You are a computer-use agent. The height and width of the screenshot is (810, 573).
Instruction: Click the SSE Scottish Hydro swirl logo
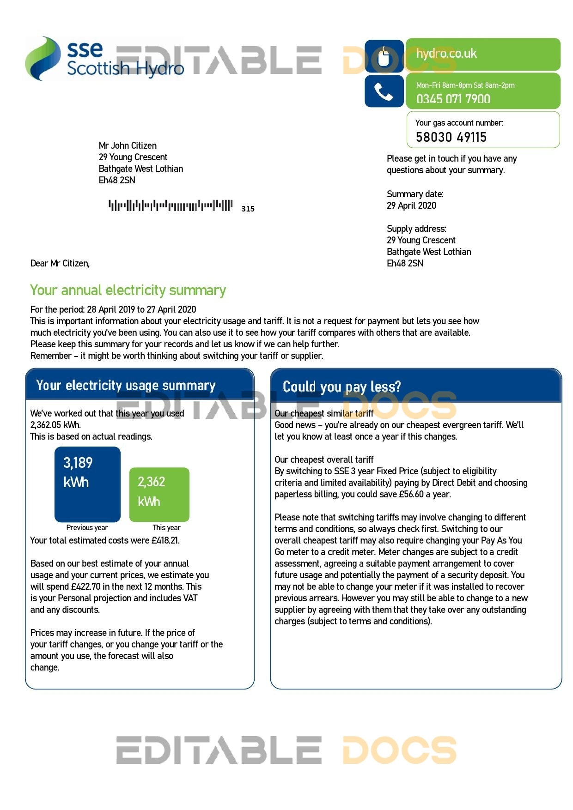pos(43,59)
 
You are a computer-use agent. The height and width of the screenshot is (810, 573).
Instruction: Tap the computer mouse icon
pos(384,56)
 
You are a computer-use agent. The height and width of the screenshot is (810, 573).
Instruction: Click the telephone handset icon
pos(384,91)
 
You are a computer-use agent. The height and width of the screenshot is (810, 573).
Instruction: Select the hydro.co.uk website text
pos(446,54)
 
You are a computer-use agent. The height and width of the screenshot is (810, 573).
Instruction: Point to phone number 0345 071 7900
pos(453,99)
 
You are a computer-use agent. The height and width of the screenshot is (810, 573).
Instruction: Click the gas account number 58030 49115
pos(451,137)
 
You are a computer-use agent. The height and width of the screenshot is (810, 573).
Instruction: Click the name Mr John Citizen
pos(128,146)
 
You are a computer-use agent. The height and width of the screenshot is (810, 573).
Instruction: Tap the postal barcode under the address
pos(170,206)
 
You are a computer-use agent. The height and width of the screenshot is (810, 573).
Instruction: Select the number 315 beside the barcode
pos(248,209)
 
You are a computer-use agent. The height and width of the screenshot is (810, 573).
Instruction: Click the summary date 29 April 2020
pos(411,206)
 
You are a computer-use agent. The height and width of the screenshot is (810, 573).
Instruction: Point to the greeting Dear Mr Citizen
pos(60,263)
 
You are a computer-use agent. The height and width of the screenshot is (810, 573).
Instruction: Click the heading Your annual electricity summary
pos(128,290)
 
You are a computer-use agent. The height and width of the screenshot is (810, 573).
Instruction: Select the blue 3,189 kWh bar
pos(87,484)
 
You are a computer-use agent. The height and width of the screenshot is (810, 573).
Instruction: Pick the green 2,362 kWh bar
pos(159,494)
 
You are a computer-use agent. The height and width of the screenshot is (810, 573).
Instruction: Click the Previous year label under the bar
pos(87,527)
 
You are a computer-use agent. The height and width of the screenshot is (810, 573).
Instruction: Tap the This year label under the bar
pos(166,527)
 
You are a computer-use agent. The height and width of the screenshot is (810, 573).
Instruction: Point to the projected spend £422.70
pos(85,586)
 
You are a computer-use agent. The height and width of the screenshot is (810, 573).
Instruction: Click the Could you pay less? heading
pos(342,387)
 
